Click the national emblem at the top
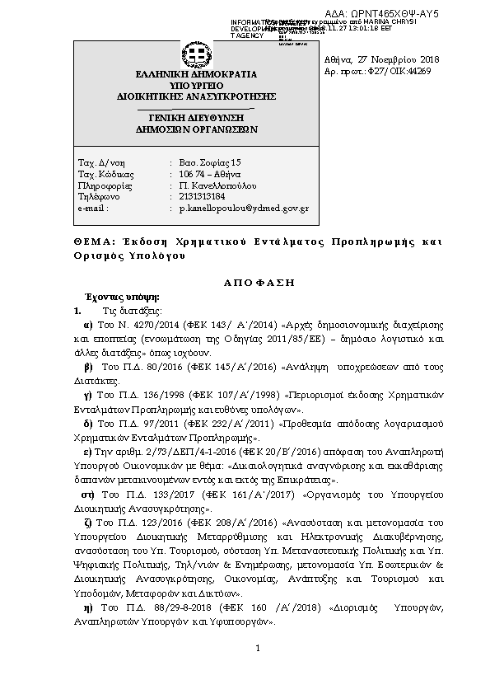[195, 56]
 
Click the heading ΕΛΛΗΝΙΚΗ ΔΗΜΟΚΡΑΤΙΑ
[195, 74]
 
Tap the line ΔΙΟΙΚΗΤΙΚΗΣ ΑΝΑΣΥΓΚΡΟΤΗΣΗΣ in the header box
[195, 96]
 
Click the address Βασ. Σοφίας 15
[210, 162]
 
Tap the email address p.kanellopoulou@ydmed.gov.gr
[244, 209]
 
